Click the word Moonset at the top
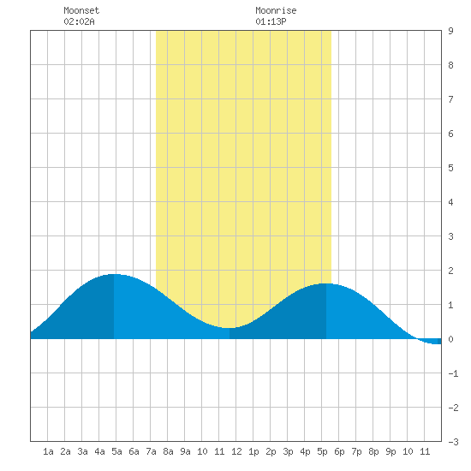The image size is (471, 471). [x=81, y=10]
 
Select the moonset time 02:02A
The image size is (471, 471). [x=79, y=21]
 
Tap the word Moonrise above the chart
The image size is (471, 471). [x=276, y=10]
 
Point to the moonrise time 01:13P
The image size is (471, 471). [x=271, y=21]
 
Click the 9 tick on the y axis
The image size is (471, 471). [x=450, y=31]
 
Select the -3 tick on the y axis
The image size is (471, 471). [x=453, y=442]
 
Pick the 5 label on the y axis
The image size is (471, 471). [x=450, y=168]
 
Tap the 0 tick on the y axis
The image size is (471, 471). [x=450, y=339]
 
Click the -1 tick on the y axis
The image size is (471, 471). [x=453, y=373]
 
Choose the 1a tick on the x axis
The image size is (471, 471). [x=48, y=451]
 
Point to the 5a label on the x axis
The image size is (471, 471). [x=116, y=451]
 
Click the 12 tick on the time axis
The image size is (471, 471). [x=236, y=451]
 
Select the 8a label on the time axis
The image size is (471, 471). [x=168, y=451]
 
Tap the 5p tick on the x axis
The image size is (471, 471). [x=322, y=451]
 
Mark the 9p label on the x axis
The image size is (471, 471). [x=391, y=451]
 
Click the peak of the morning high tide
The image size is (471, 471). [x=114, y=274]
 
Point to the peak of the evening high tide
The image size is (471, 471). [x=326, y=283]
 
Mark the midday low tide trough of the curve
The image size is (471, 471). [x=230, y=328]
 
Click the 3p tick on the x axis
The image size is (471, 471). [x=288, y=451]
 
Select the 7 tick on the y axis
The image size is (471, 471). [x=450, y=99]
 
